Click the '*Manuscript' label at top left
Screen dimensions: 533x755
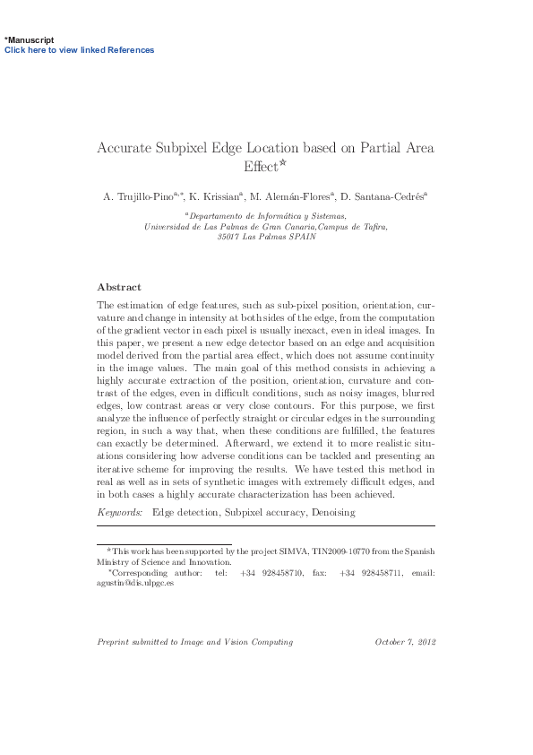pos(30,40)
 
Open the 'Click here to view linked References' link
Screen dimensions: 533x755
pos(80,50)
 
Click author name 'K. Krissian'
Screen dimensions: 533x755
pos(217,196)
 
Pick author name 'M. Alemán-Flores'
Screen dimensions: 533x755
pos(295,196)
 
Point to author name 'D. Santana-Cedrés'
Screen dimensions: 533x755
pos(386,196)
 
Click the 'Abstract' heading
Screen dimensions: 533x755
pos(118,287)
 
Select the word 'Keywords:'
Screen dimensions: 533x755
pos(119,512)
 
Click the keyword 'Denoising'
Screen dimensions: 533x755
pos(332,512)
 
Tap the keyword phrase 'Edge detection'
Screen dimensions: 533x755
pos(185,512)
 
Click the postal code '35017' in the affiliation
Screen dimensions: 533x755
pos(229,238)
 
